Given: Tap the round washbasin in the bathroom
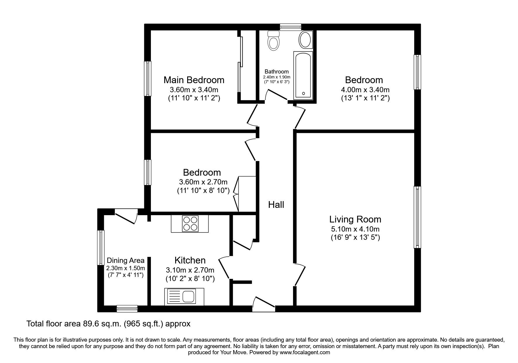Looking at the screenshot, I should (x=305, y=40).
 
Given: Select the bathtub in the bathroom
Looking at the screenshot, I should (x=303, y=75).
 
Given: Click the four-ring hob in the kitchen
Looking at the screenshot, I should (x=190, y=224).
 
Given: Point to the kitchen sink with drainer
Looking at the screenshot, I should (x=184, y=297).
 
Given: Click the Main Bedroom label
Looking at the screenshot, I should (x=194, y=80).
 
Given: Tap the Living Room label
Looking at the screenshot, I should (x=355, y=219).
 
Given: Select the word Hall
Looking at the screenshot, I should (x=276, y=205).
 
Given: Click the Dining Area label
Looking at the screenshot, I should (x=125, y=260).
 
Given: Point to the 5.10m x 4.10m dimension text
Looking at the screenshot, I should (x=355, y=229).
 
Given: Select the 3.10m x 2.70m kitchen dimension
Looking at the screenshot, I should (x=190, y=270).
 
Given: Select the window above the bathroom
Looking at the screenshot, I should (x=290, y=27).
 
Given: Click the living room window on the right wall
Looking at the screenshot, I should (x=417, y=217).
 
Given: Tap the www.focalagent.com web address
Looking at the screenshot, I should (x=304, y=352).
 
